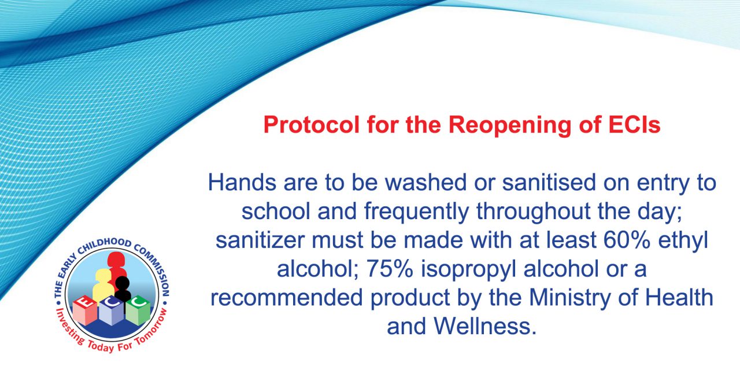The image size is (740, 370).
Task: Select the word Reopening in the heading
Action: click(509, 125)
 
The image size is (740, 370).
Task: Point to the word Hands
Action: click(242, 182)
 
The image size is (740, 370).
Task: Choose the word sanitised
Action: click(549, 182)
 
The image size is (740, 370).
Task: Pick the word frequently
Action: click(416, 212)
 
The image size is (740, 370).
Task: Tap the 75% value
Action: click(390, 269)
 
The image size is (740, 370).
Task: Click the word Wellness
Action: click(485, 327)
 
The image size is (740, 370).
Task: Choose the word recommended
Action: click(287, 298)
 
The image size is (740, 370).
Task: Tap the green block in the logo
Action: click(138, 310)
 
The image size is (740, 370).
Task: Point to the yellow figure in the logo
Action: click(103, 285)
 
